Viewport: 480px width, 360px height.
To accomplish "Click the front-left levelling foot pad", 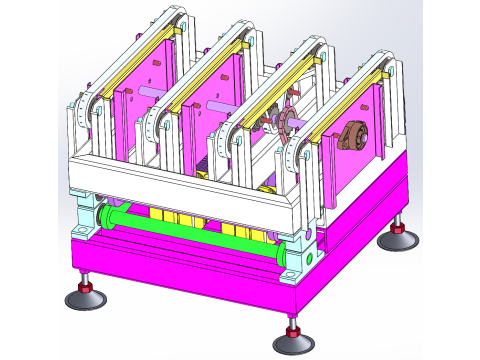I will pos(84,299).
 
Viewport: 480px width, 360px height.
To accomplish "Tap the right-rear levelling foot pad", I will pos(398,240).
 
